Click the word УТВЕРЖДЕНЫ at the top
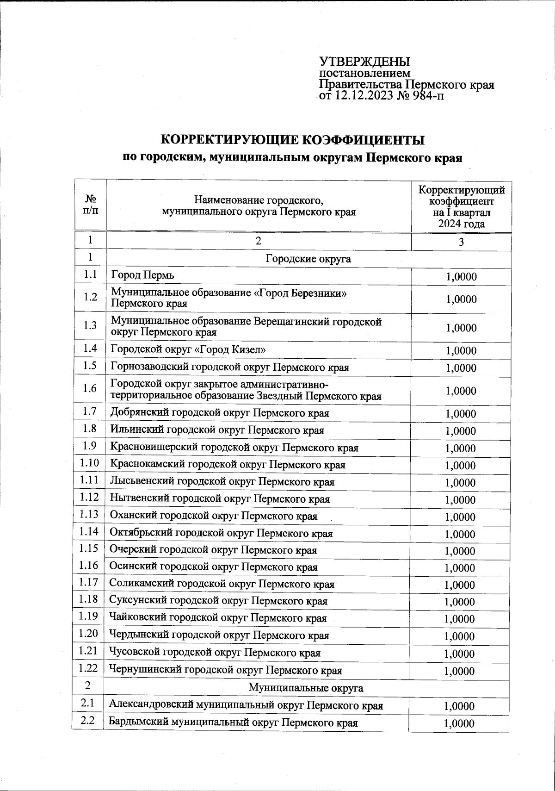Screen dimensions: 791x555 [364, 62]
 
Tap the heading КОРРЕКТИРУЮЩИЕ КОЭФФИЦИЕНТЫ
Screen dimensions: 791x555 [292, 140]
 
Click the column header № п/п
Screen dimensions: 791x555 [91, 205]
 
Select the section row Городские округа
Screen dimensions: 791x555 [308, 259]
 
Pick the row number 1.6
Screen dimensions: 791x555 [90, 388]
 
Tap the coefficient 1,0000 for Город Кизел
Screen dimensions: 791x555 [461, 350]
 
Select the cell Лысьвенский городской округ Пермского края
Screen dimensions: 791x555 [222, 482]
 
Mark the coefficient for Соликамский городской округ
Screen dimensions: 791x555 [459, 585]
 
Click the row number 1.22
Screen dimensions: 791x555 [88, 668]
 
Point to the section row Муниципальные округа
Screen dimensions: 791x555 [306, 688]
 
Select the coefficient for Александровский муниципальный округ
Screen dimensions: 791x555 [459, 706]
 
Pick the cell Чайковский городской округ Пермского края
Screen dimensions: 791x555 [218, 618]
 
